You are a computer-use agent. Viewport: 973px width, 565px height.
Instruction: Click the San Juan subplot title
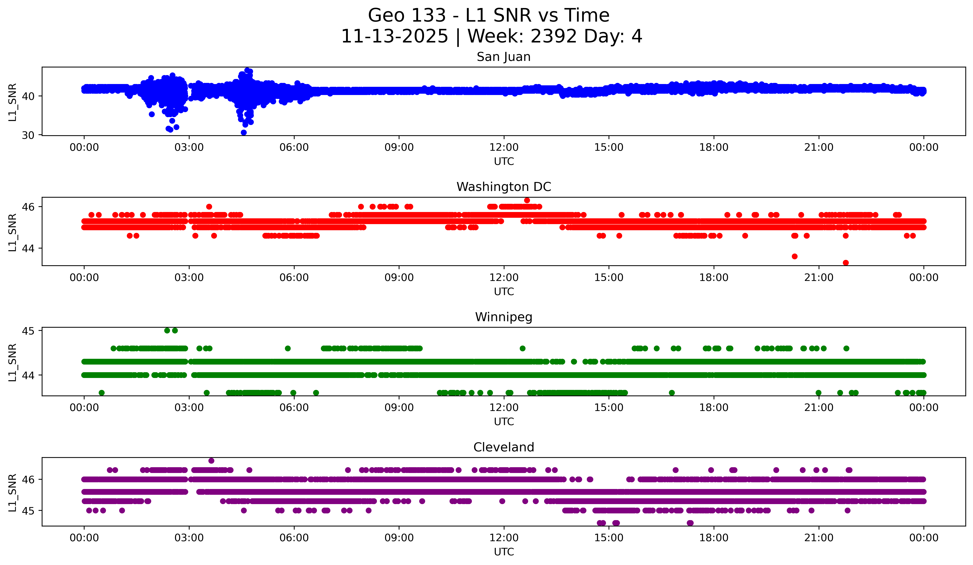pos(504,57)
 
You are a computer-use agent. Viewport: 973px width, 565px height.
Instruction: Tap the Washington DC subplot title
pos(504,187)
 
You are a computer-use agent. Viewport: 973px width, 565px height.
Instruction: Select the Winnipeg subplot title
pos(504,317)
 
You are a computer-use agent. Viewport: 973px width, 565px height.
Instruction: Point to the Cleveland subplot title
pos(504,447)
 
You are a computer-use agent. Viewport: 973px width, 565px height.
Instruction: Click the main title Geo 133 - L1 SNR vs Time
pos(488,15)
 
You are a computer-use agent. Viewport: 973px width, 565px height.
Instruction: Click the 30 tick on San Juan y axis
pos(28,135)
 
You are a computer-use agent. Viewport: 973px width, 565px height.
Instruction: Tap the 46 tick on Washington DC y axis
pos(28,207)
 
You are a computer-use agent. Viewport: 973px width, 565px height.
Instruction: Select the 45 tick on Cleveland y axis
pos(28,511)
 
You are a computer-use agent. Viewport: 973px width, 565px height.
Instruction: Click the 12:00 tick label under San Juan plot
pos(504,148)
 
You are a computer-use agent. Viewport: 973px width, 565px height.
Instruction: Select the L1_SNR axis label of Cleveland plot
pos(12,493)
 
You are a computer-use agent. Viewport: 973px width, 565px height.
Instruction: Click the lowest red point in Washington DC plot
pos(846,263)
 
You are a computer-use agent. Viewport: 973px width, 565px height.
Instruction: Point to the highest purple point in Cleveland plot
pos(211,461)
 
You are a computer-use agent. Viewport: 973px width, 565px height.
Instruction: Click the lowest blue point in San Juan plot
pos(244,132)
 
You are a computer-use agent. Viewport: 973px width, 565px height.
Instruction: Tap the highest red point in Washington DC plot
pos(527,200)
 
